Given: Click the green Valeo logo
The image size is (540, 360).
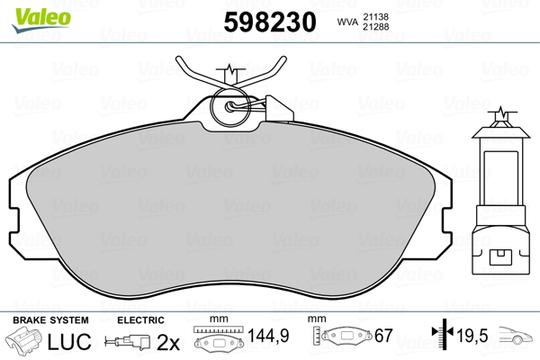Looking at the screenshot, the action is pos(41,20).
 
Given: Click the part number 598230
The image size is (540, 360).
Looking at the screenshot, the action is pos(270,22).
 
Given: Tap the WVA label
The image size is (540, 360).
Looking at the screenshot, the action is pos(347,22).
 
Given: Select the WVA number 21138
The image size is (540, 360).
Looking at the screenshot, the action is pos(375,16).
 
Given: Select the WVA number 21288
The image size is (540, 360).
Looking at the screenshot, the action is pos(375,26).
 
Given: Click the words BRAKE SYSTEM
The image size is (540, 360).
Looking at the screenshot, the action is pos(50,320).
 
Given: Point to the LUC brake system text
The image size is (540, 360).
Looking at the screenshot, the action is pos(69,341).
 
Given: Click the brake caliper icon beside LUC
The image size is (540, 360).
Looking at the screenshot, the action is pos(23,340).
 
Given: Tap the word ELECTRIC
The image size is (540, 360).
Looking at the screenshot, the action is pos(140,320).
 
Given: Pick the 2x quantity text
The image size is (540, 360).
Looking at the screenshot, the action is pos(168,342).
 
